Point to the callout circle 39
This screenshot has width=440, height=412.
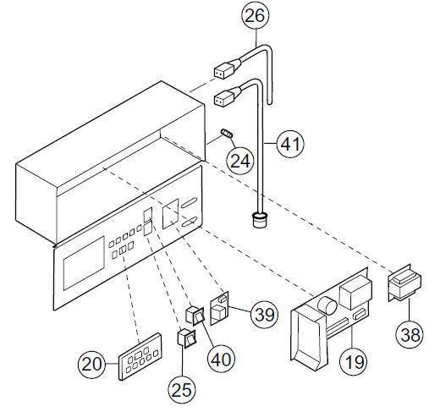coord(264,315)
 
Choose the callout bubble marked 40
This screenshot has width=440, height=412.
coord(221,357)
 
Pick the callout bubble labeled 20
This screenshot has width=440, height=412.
coord(92,365)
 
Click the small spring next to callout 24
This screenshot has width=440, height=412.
coord(227,135)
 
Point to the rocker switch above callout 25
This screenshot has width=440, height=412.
coord(185,342)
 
